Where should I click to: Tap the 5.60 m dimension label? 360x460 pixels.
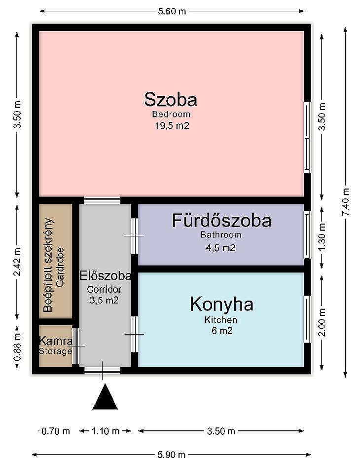coord(172,11)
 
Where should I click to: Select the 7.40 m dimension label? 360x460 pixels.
coord(345,201)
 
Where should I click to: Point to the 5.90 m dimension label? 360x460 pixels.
coord(172,455)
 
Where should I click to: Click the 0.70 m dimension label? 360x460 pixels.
coord(56,431)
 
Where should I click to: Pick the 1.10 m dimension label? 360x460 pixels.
coord(105,431)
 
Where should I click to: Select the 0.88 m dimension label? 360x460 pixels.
coord(17,347)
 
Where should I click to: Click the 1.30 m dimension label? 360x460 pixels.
coord(322,237)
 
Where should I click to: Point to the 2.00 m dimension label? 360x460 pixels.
coord(322,322)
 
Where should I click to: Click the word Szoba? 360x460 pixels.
coord(171,99)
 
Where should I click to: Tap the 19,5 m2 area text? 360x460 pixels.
coord(172,126)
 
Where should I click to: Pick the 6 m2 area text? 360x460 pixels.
coord(222,331)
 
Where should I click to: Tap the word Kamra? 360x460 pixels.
coord(55,341)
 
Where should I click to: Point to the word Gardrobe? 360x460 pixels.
coord(60,267)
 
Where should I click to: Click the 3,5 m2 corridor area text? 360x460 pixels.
coord(104,300)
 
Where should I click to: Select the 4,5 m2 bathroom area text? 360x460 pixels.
coord(221,248)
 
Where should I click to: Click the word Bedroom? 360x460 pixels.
coord(171,114)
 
